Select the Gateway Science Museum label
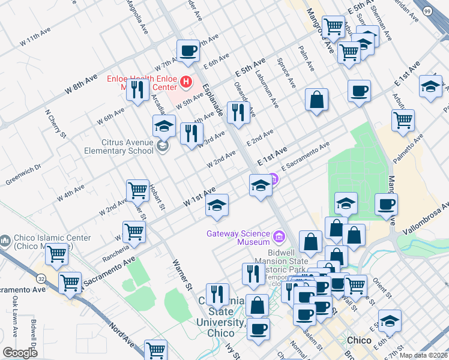point(238,238)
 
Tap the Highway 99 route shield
point(443,11)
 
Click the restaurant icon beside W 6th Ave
point(137,90)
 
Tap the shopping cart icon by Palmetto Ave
point(403,119)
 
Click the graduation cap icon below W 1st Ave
point(217,206)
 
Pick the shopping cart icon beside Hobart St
point(137,191)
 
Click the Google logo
point(20,353)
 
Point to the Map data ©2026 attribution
point(422,355)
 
